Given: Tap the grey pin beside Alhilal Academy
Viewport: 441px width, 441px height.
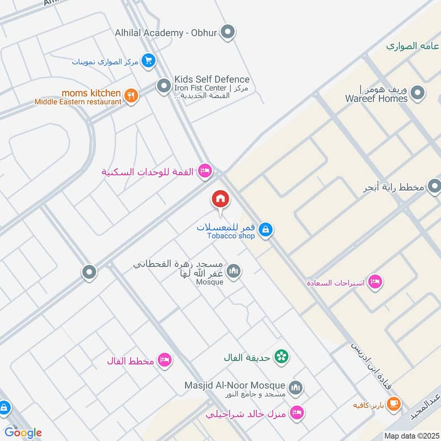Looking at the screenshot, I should (x=228, y=32).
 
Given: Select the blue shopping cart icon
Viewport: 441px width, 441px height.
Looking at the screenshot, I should (x=148, y=61).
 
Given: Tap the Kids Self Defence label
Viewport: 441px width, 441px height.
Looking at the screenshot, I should (x=212, y=79).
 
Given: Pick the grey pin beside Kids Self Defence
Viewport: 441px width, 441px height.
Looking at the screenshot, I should (x=163, y=86).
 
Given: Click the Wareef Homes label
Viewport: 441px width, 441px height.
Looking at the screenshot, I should (x=377, y=99).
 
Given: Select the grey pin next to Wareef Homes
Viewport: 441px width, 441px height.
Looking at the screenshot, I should (x=418, y=93).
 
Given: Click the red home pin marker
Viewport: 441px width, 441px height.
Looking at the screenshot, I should (x=220, y=199).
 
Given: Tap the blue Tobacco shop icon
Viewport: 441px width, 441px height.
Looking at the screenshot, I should (x=265, y=229).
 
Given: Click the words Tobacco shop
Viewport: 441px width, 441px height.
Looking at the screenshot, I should (x=231, y=236).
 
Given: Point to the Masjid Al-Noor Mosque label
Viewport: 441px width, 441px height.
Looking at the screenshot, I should (x=235, y=385).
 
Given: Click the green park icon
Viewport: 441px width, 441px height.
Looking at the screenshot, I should (x=282, y=357).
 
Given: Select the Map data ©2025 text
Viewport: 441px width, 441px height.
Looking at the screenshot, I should (x=411, y=436).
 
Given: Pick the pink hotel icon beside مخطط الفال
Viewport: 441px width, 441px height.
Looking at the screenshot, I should (x=164, y=361).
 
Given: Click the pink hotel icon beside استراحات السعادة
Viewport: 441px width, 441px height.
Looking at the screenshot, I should (x=375, y=282).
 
